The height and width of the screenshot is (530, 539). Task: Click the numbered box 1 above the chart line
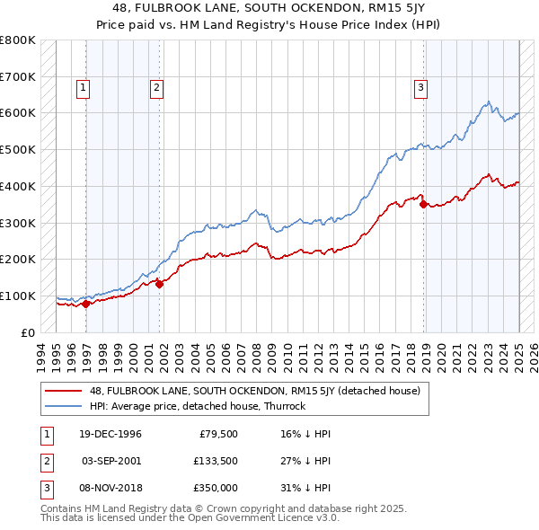point(83,87)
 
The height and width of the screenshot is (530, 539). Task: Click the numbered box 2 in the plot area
point(156,87)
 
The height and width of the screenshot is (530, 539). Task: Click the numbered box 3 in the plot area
point(420,87)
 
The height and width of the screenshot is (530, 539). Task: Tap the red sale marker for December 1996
point(86,304)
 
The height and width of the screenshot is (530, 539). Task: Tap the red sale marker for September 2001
point(159,284)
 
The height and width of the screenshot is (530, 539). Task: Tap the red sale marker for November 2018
point(423,204)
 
